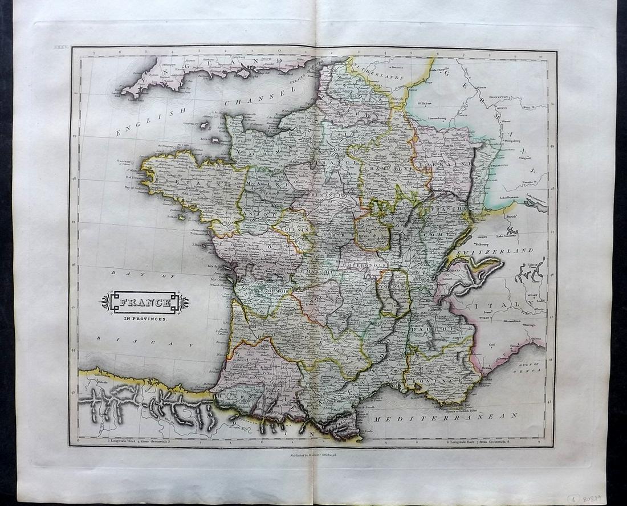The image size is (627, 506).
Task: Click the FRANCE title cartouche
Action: point(145,302)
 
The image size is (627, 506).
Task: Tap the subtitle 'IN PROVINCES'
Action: point(145,319)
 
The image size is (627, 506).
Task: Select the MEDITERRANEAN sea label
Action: point(445,417)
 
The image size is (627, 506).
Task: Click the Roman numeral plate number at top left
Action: point(60,51)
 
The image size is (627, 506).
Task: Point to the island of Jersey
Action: point(217,140)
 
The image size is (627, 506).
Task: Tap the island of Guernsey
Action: point(203,124)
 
